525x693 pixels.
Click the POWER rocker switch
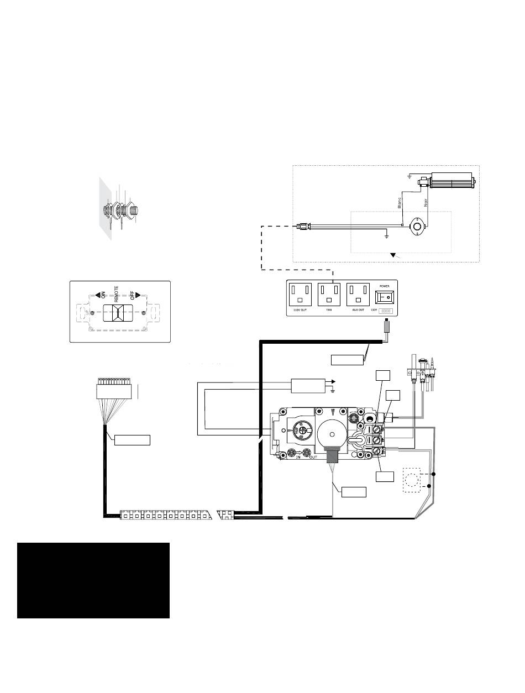click(x=387, y=296)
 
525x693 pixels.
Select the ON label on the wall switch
click(x=103, y=294)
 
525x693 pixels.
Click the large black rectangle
click(x=93, y=580)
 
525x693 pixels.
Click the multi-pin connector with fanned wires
click(x=113, y=389)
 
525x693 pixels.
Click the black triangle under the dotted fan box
click(x=394, y=255)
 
